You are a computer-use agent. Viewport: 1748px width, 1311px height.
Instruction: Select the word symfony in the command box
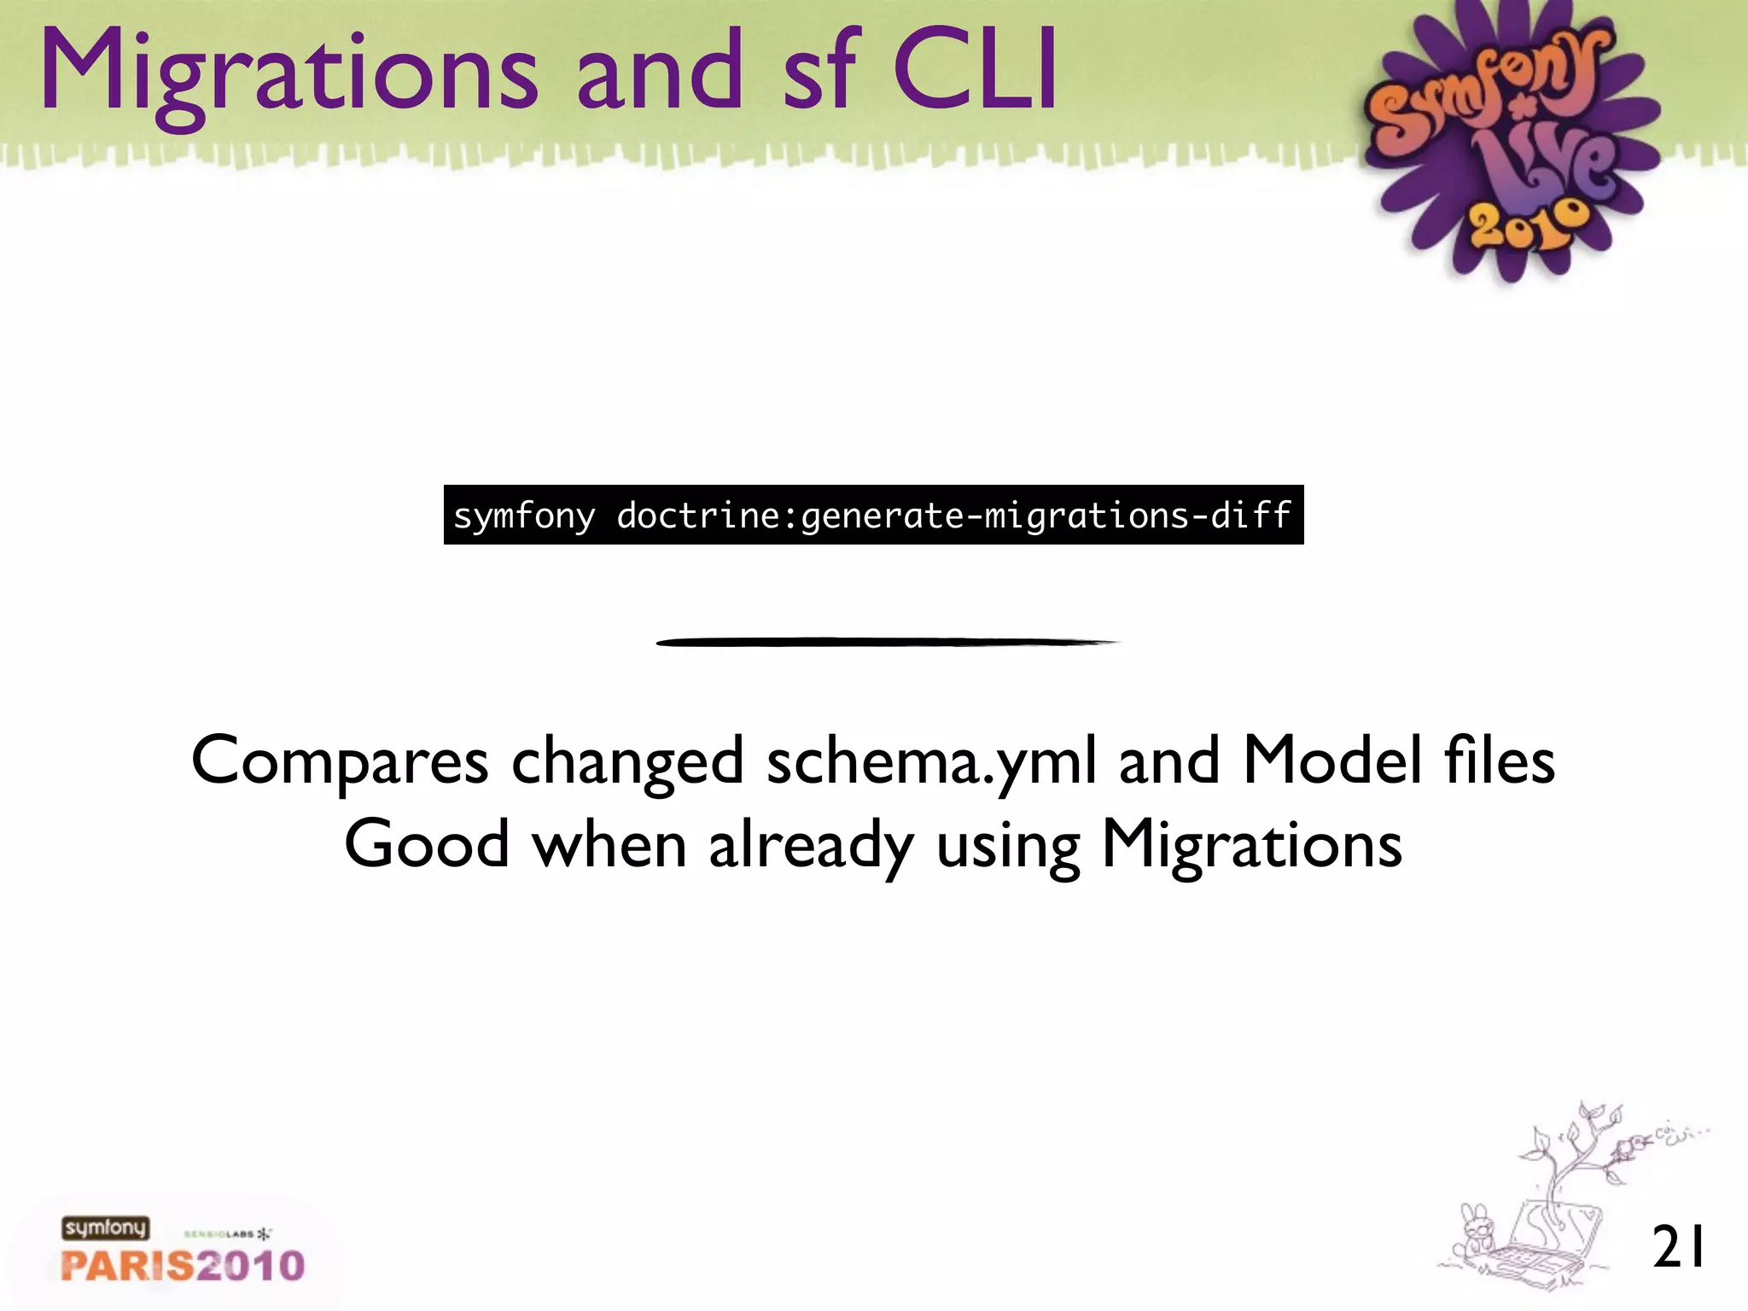[x=524, y=516]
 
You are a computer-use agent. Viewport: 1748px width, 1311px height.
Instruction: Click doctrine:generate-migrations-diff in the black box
[x=953, y=516]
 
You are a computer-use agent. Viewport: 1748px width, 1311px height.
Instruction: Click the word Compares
[x=340, y=760]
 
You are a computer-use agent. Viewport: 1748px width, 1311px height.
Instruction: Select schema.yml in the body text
[x=931, y=760]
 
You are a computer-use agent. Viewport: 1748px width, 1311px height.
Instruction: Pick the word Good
[x=427, y=843]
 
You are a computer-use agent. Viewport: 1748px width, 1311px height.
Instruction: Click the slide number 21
[x=1678, y=1247]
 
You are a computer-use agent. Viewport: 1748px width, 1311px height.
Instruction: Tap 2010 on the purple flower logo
[x=1528, y=226]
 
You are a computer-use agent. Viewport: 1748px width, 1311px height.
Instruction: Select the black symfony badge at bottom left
[x=105, y=1228]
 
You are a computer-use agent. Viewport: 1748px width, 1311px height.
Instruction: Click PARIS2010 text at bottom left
[x=183, y=1266]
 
